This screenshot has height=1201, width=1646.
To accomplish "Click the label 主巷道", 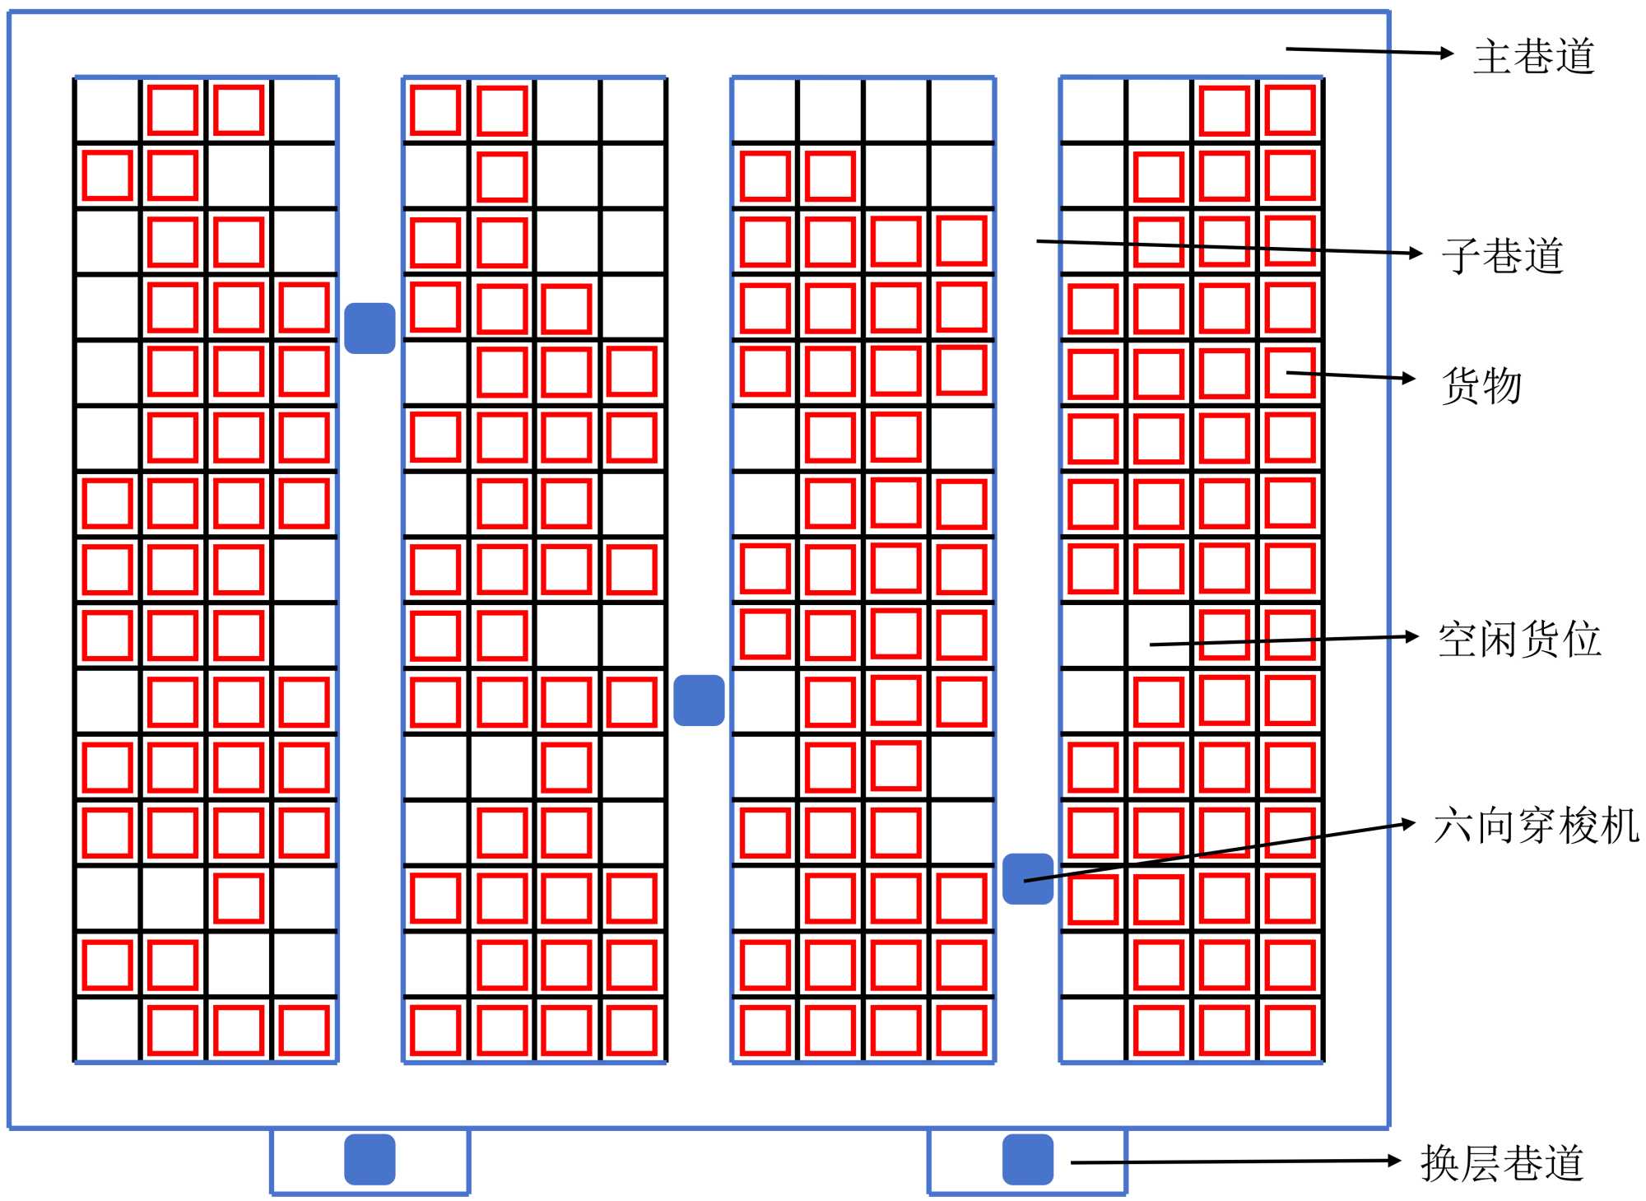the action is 1534,57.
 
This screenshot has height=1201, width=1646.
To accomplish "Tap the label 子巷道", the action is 1502,255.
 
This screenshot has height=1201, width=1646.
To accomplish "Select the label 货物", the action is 1481,385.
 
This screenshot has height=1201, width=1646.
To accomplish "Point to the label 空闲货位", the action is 1519,640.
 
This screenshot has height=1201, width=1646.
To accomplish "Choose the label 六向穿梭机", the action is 1536,826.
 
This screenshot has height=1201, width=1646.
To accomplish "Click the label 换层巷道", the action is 1502,1163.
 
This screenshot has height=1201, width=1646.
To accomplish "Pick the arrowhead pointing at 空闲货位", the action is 1412,636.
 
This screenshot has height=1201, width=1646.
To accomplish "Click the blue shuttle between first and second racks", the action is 370,328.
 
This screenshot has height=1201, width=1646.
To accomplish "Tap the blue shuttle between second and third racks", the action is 699,701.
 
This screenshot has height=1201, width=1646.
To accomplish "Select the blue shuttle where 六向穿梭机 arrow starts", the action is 1028,879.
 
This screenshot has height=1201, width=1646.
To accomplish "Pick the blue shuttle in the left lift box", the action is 370,1159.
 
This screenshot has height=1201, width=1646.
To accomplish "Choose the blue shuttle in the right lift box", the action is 1028,1159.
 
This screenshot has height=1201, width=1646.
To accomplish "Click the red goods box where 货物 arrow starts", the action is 1290,373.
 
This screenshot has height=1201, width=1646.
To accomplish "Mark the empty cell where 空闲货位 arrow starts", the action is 1159,636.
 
